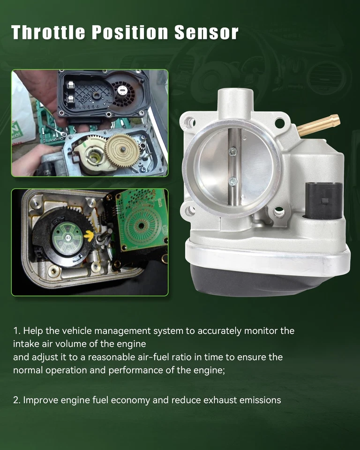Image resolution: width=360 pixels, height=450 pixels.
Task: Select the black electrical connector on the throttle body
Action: coord(323,201)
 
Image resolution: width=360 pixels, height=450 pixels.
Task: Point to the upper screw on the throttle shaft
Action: coord(232,151)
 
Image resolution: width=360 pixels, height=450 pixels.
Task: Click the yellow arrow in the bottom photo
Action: coord(89,236)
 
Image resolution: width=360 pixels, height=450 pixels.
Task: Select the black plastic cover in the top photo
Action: coord(103,93)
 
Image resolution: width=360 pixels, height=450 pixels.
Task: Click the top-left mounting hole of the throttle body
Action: coord(190,123)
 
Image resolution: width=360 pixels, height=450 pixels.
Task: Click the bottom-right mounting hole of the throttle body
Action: coord(279,212)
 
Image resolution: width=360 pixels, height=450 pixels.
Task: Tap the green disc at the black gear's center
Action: coord(67,239)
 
